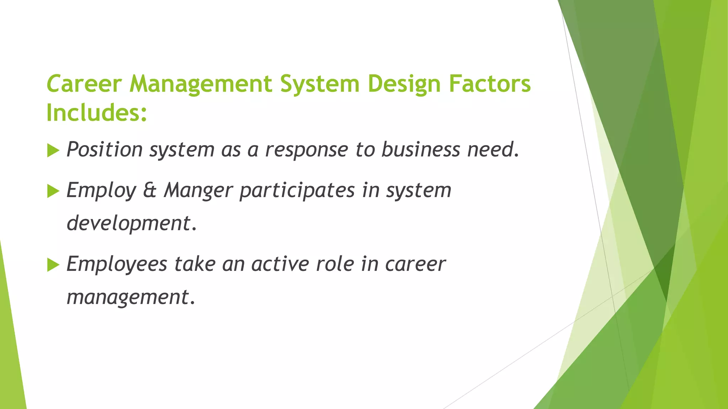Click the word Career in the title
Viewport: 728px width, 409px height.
click(x=84, y=84)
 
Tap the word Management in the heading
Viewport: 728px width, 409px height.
click(x=200, y=84)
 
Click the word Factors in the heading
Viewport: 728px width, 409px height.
click(x=489, y=84)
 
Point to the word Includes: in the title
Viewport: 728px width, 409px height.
click(x=96, y=113)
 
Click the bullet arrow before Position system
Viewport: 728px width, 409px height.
click(x=53, y=151)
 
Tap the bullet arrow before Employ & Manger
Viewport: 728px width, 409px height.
click(x=53, y=191)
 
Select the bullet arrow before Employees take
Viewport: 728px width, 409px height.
click(x=53, y=265)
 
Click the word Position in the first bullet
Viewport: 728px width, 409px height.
click(x=105, y=149)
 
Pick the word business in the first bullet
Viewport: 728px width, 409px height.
click(x=421, y=149)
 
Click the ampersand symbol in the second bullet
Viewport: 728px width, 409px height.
click(x=150, y=191)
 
